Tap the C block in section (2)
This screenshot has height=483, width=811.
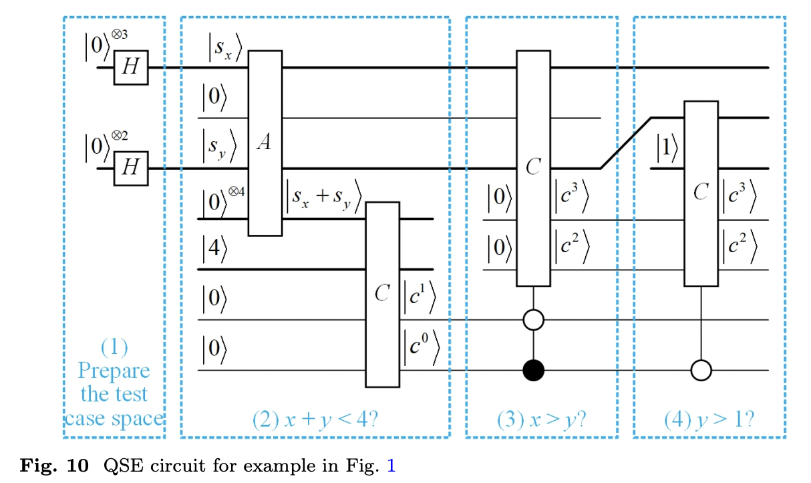coord(382,294)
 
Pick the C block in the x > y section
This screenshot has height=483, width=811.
coord(533,167)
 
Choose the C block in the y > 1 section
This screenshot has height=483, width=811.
coord(701,193)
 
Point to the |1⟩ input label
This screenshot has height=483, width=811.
coord(666,151)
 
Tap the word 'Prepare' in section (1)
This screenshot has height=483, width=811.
coord(114,371)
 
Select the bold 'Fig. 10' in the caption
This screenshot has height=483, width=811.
coord(55,466)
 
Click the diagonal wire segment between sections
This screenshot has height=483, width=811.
coord(625,143)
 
